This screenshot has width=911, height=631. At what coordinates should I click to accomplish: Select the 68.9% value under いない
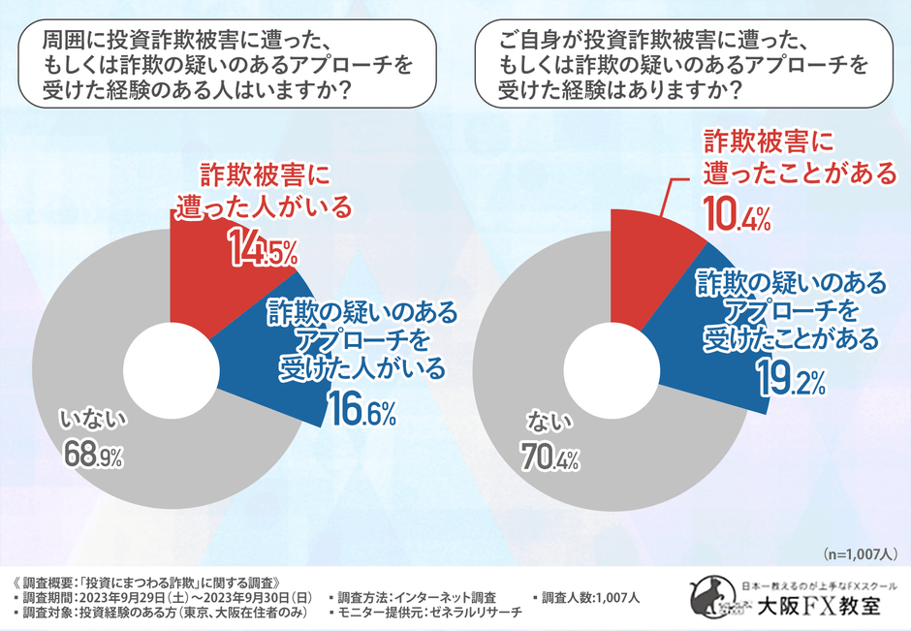pos(94,454)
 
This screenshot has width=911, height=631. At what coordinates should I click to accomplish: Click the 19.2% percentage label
pos(791,381)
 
